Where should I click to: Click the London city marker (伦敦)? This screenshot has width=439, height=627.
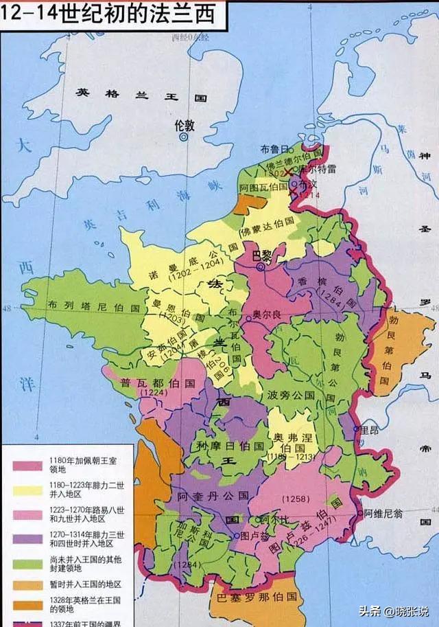tap(184, 137)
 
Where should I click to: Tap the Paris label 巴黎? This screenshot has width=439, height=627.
tap(262, 255)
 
